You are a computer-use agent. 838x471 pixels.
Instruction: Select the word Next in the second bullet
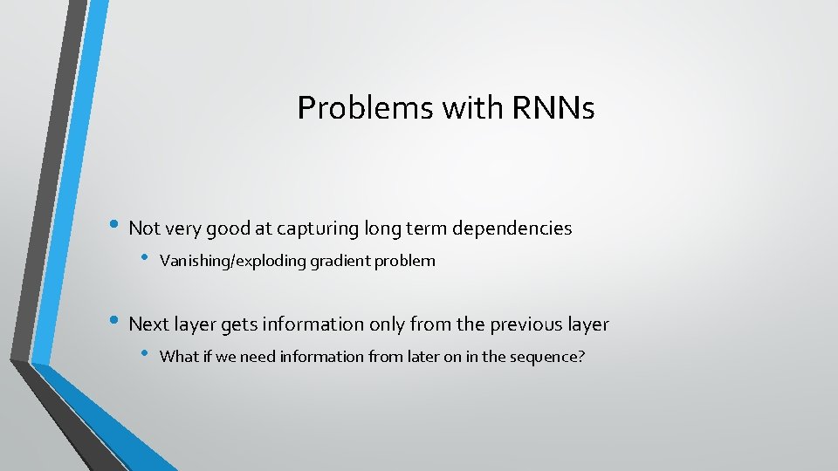(x=148, y=324)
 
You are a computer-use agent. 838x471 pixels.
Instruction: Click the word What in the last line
(x=180, y=356)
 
